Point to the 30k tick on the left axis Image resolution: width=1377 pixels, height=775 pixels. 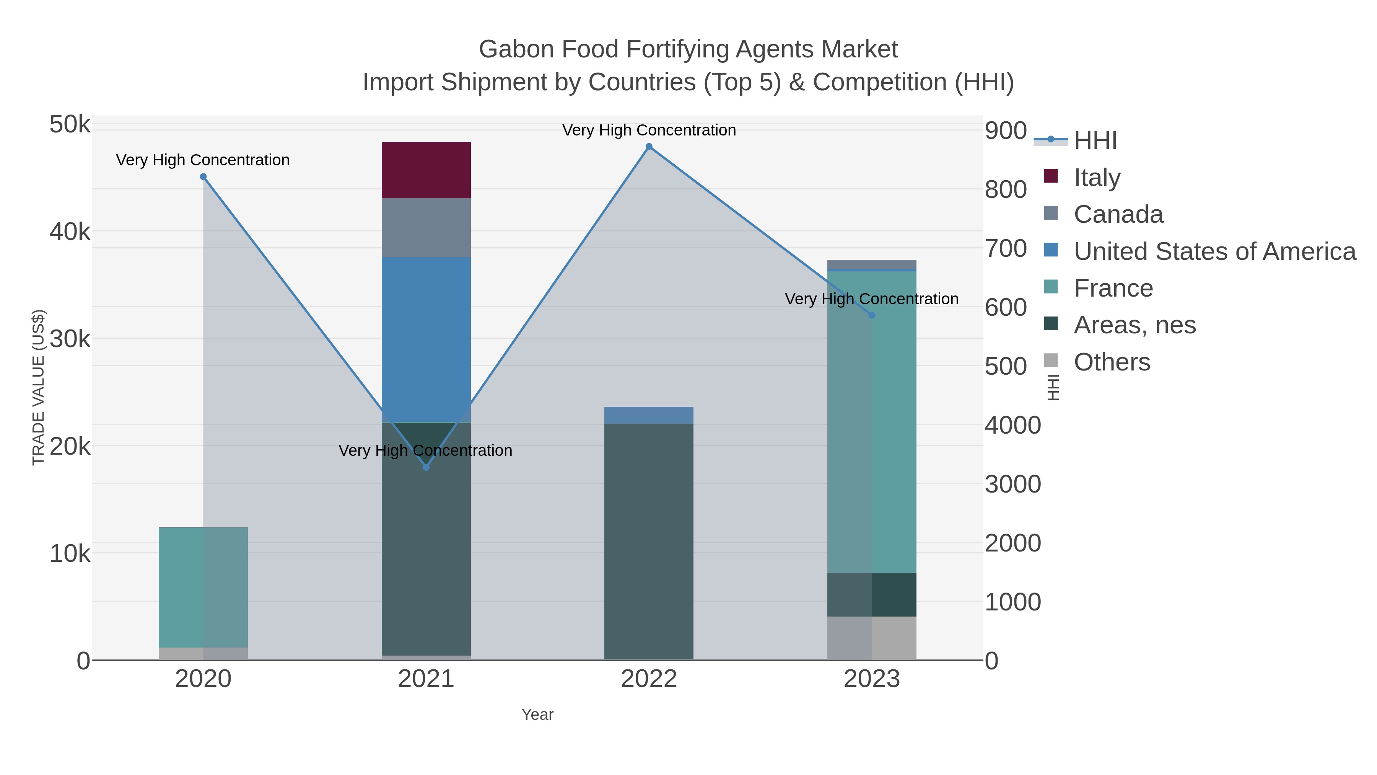pyautogui.click(x=70, y=339)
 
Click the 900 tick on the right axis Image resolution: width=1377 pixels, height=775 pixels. pyautogui.click(x=1005, y=131)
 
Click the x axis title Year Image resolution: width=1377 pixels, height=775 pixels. pyautogui.click(x=537, y=715)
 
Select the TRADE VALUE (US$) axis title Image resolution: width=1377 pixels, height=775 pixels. pyautogui.click(x=39, y=387)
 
